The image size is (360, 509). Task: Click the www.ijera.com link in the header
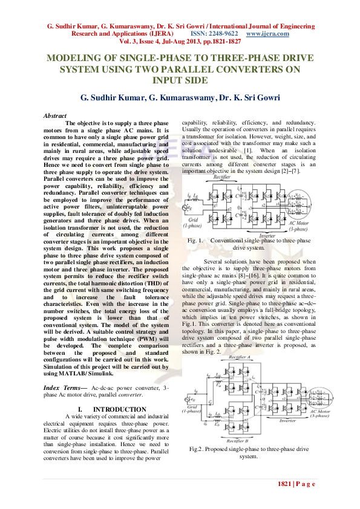point(267,34)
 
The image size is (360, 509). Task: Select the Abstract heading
point(56,115)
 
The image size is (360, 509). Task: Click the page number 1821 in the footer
point(285,484)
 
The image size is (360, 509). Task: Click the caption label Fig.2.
point(198,450)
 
